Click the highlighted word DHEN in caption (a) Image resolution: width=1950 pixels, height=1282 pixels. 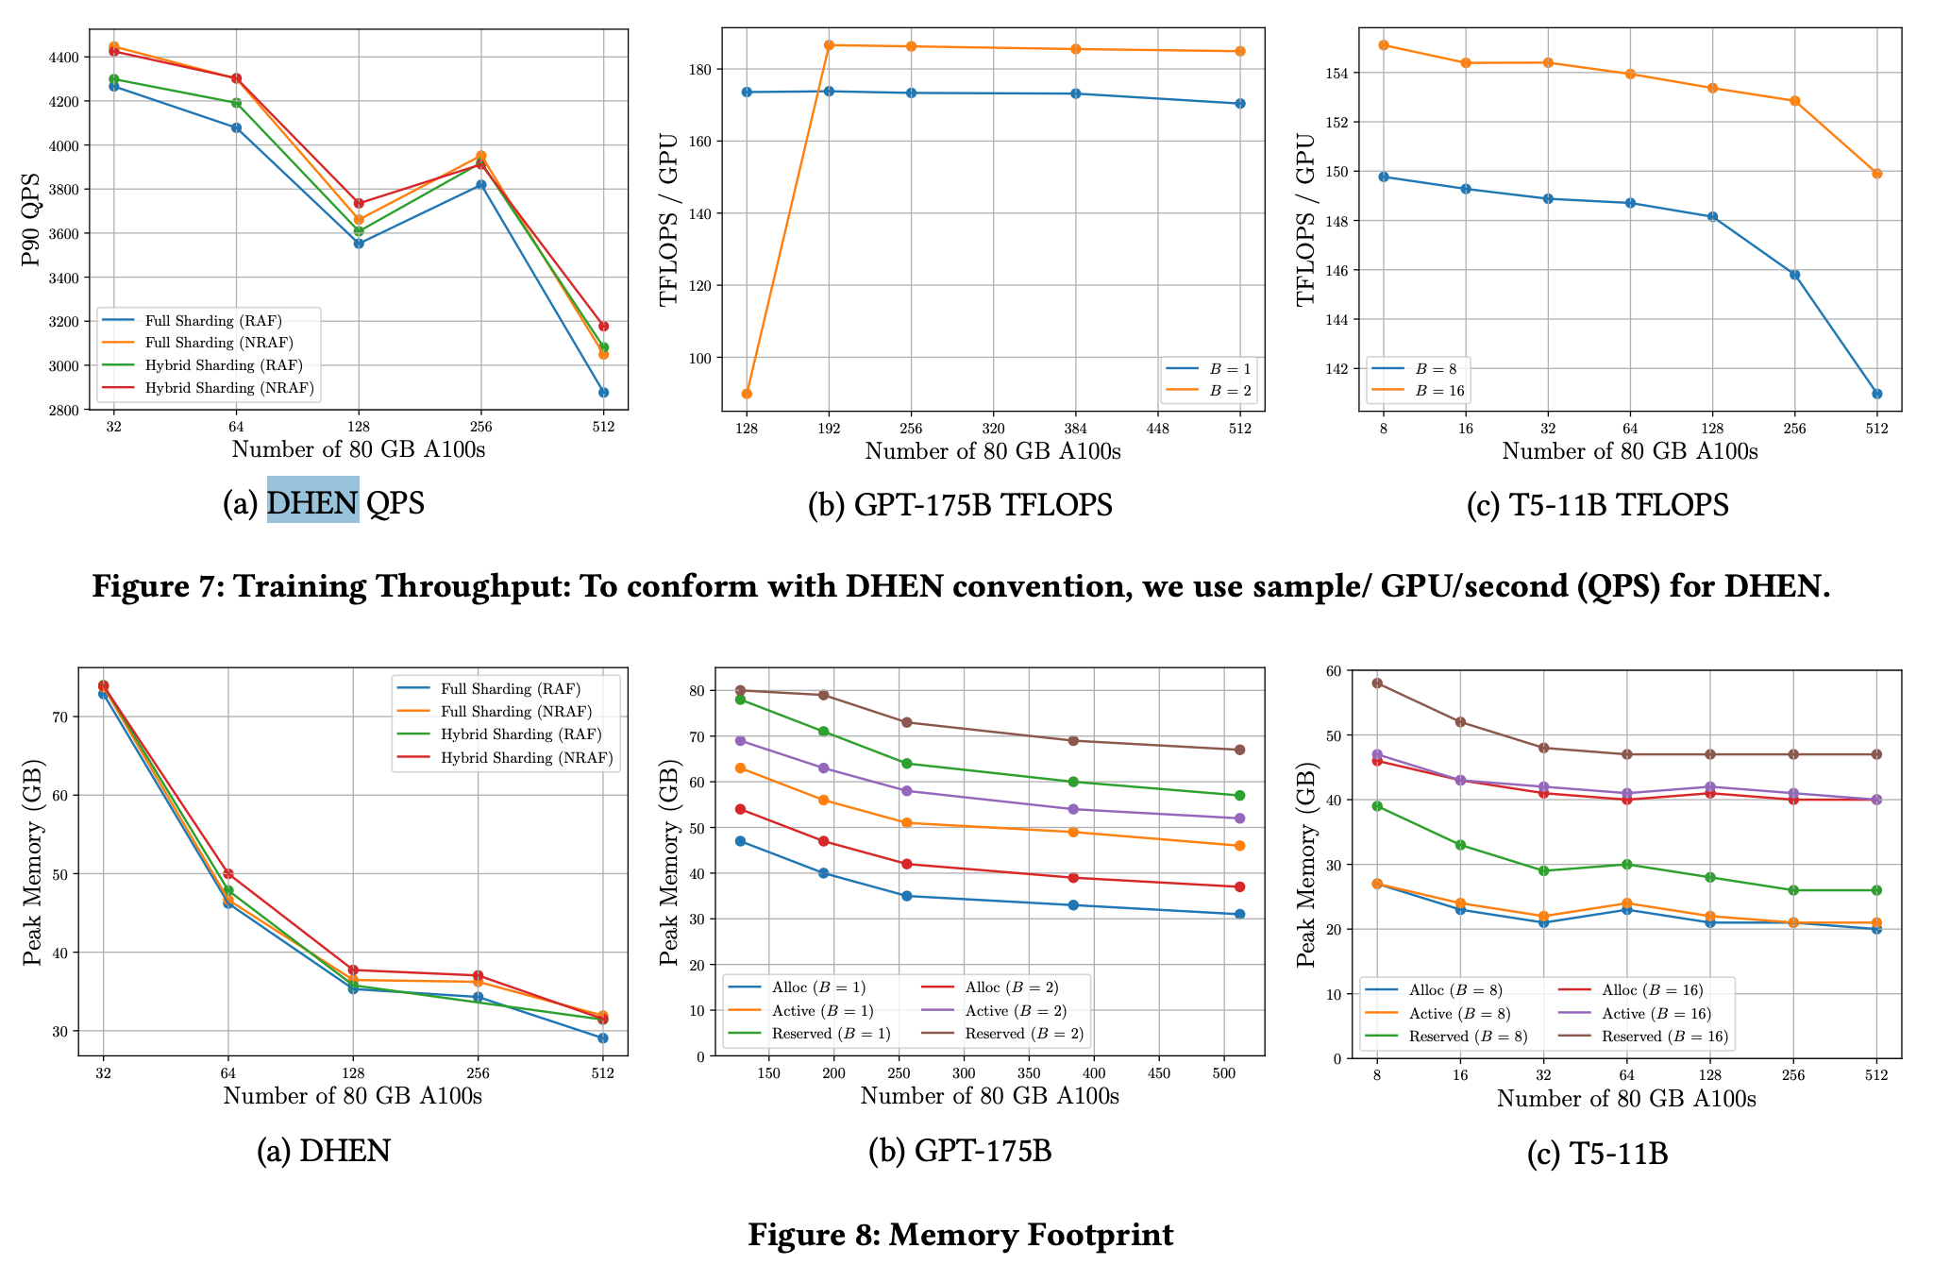312,501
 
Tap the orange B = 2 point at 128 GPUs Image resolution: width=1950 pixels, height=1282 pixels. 747,394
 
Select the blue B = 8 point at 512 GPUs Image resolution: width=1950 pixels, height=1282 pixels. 1876,394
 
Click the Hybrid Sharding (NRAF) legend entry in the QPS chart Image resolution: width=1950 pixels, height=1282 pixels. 228,388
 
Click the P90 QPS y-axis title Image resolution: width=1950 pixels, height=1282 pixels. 31,219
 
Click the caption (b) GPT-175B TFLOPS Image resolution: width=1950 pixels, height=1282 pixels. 960,505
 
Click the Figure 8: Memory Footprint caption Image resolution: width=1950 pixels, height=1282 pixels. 960,1235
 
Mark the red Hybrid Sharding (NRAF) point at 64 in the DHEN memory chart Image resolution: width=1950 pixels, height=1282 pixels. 227,874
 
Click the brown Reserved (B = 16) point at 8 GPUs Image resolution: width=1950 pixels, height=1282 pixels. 1377,683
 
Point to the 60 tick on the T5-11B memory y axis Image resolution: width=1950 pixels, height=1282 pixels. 1333,671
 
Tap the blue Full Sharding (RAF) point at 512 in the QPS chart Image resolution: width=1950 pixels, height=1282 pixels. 603,393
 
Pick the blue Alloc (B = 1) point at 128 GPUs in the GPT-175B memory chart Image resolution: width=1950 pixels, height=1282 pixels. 740,841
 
